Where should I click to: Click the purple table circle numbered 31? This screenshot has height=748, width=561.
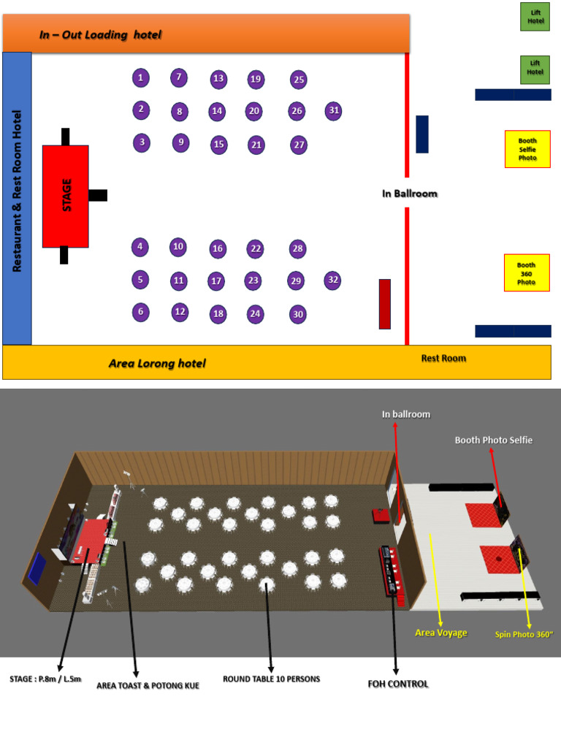334,111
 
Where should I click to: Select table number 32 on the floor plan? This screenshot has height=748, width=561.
333,280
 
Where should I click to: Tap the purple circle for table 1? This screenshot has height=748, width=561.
141,77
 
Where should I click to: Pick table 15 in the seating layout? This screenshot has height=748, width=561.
218,145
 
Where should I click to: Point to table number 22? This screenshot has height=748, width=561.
255,249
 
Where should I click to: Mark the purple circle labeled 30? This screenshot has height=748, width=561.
297,315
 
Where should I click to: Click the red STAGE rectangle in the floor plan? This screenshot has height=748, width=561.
66,196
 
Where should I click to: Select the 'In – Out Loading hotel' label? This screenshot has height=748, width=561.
100,35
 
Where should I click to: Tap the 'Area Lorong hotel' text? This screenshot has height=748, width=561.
157,363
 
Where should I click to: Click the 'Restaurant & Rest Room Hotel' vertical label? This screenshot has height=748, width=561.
18,191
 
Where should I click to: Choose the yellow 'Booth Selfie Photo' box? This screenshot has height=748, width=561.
527,149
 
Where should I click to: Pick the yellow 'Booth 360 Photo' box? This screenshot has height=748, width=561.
527,273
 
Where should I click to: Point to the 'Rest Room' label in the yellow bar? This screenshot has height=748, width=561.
443,358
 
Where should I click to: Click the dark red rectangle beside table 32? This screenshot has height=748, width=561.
384,304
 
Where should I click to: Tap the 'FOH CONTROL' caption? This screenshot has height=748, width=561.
398,684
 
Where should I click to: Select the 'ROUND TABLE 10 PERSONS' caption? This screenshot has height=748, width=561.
271,679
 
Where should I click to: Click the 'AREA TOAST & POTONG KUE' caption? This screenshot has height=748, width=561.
148,686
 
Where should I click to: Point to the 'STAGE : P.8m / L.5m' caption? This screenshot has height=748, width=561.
45,679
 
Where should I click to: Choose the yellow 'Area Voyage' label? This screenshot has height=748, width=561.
440,633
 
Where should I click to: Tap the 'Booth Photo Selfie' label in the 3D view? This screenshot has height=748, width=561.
493,440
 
